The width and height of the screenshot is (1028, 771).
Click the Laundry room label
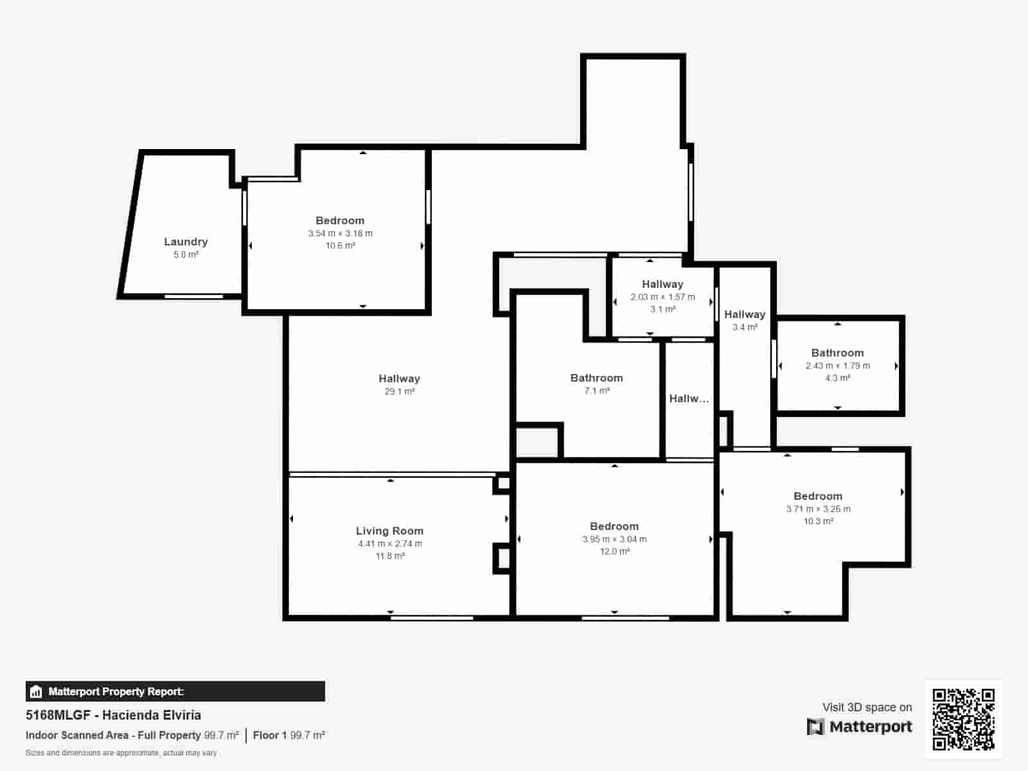186,242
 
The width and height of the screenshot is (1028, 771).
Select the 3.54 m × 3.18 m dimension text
340,233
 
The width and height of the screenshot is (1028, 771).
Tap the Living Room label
389,531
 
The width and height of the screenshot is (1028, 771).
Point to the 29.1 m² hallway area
399,391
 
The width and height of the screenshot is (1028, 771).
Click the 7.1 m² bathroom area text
596,391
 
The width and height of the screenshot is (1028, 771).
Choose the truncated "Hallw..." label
689,398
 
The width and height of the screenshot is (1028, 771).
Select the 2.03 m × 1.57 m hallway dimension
662,297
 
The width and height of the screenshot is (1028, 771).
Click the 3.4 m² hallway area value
745,327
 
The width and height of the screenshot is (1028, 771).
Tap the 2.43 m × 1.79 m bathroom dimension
837,366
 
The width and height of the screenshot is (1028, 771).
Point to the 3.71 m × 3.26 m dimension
818,509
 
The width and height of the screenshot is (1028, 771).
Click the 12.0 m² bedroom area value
614,551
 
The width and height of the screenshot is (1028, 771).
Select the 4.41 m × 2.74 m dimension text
389,544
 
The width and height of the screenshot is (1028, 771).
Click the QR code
963,719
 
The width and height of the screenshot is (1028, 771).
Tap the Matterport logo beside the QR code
859,727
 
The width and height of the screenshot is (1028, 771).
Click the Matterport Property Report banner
175,691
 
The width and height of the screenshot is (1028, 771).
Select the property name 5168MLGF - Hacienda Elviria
113,715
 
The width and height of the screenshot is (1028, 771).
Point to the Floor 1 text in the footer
269,735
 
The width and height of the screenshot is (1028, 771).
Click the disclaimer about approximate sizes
121,753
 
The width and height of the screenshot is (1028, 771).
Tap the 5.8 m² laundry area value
186,254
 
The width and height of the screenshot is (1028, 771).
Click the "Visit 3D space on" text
867,707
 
